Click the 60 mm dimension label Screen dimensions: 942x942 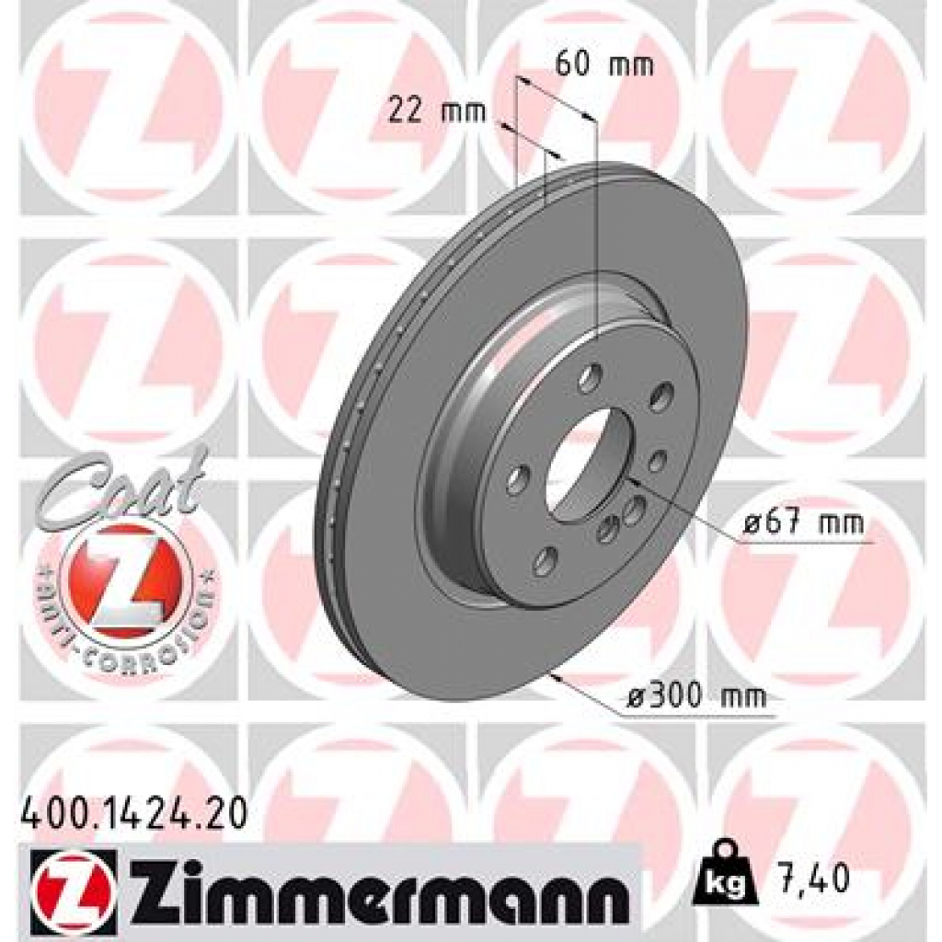pyautogui.click(x=604, y=65)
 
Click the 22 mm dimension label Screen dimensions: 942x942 pyautogui.click(x=424, y=111)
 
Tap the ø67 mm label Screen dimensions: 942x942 pyautogui.click(x=804, y=524)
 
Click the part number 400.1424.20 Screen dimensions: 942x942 pyautogui.click(x=132, y=815)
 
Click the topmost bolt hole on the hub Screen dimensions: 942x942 pyautogui.click(x=590, y=376)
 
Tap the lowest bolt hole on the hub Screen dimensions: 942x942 pyautogui.click(x=545, y=560)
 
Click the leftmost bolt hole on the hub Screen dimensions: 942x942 pyautogui.click(x=518, y=480)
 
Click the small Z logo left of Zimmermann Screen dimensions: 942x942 pyautogui.click(x=73, y=885)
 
